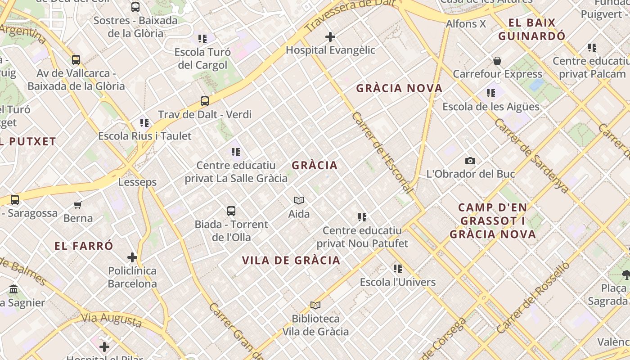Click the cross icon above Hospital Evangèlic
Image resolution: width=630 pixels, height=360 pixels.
pos(330,37)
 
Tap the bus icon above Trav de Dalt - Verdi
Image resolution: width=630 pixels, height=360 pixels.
pos(205,101)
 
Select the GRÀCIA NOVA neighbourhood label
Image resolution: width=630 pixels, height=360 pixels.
pos(399,88)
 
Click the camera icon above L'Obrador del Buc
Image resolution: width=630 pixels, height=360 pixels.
pos(470,161)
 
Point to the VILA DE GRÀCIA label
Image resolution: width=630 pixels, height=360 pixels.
pos(291,261)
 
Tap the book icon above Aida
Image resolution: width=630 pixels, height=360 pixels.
pos(299,201)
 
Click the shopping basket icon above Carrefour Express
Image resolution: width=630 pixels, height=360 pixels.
pos(497,61)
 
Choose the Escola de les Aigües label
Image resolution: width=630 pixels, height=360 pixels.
pos(490,107)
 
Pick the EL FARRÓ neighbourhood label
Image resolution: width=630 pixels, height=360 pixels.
pos(84,246)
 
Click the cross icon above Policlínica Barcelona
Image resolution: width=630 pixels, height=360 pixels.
pos(132,258)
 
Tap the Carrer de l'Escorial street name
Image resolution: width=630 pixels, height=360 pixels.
pos(382,153)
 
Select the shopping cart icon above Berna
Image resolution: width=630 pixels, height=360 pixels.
pos(78,205)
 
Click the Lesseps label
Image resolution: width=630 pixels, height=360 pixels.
pos(137,182)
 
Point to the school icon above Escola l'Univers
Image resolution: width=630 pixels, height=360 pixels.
pos(398,269)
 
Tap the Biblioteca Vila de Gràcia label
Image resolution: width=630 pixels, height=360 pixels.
pos(315,325)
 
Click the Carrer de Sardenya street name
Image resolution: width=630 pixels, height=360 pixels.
pos(531,155)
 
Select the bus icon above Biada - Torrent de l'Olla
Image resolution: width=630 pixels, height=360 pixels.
pos(231,211)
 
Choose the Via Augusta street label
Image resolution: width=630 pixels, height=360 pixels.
pos(111,319)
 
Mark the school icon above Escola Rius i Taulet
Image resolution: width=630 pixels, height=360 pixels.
pos(144,122)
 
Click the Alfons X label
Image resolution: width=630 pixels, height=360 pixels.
pos(466,24)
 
